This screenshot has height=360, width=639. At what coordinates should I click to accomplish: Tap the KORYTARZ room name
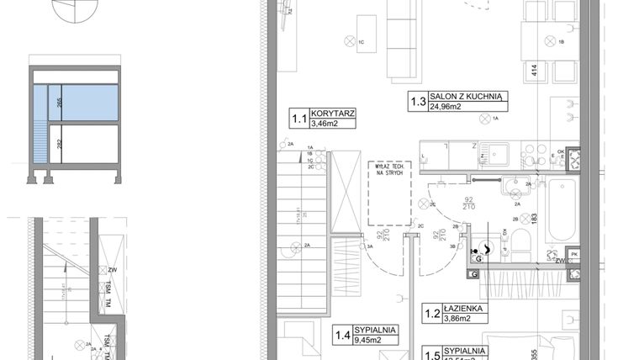point(331,113)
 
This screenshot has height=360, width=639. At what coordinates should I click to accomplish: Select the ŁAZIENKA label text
point(464,309)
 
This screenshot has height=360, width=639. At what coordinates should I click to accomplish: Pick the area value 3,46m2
point(325,124)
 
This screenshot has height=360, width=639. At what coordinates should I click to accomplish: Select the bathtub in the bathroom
point(559,211)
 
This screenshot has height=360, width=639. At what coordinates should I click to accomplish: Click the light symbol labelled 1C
point(350,39)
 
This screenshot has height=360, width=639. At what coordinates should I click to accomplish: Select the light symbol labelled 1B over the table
point(552,39)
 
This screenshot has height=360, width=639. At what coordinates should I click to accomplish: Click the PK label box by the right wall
point(574,252)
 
